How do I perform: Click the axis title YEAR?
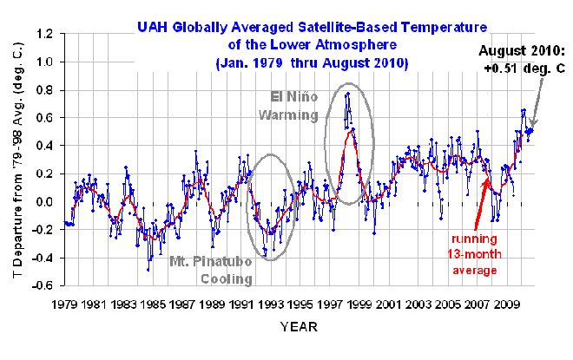coord(298,327)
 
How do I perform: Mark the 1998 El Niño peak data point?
coord(347,94)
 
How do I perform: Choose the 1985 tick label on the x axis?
coord(154,305)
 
